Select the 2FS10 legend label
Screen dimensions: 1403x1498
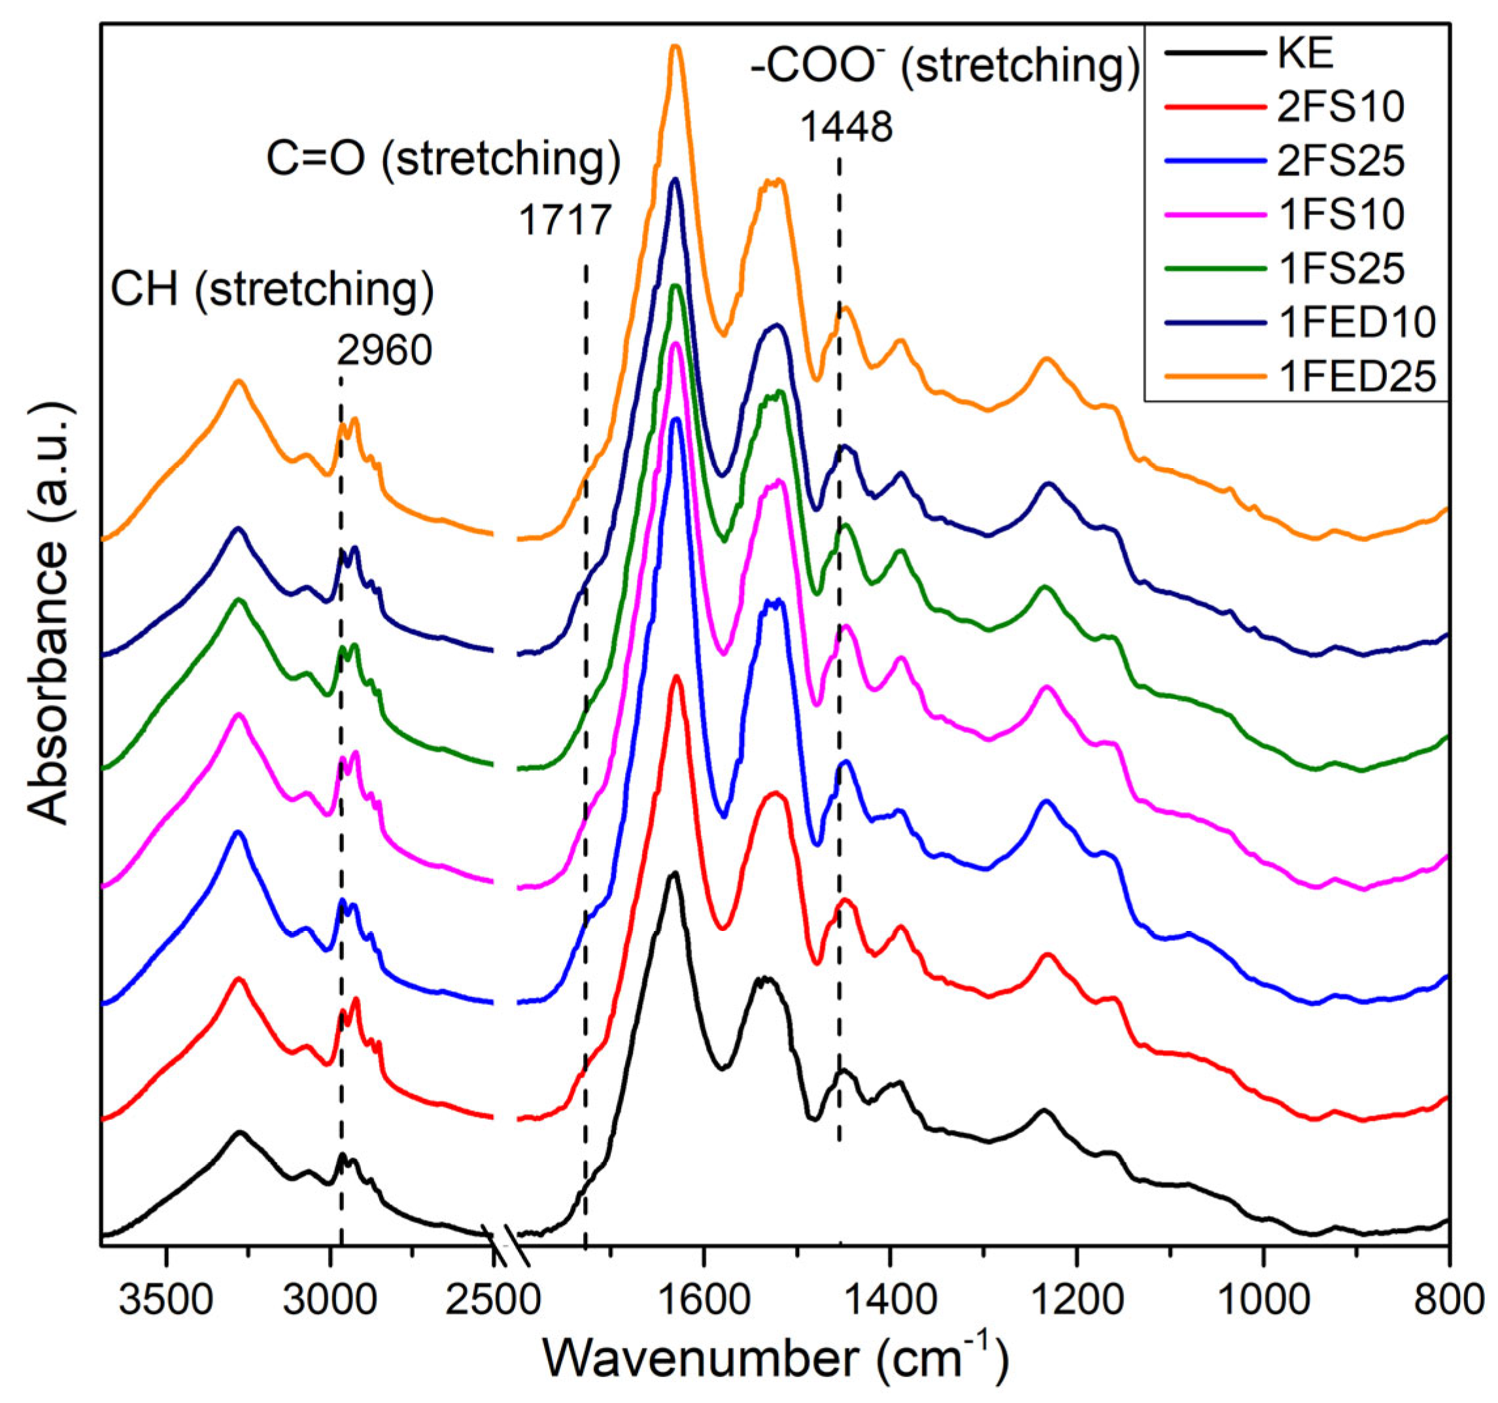click(1340, 108)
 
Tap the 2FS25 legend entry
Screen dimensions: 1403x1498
click(1340, 161)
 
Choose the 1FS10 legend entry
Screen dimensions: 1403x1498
click(1340, 214)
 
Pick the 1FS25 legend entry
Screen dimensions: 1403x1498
click(1340, 268)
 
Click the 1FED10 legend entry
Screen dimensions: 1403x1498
click(1356, 322)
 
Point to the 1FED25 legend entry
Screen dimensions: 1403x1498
click(1356, 376)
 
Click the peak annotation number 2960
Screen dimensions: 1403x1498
click(385, 350)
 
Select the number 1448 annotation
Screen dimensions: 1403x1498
click(845, 128)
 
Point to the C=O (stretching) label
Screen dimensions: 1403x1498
click(443, 160)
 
